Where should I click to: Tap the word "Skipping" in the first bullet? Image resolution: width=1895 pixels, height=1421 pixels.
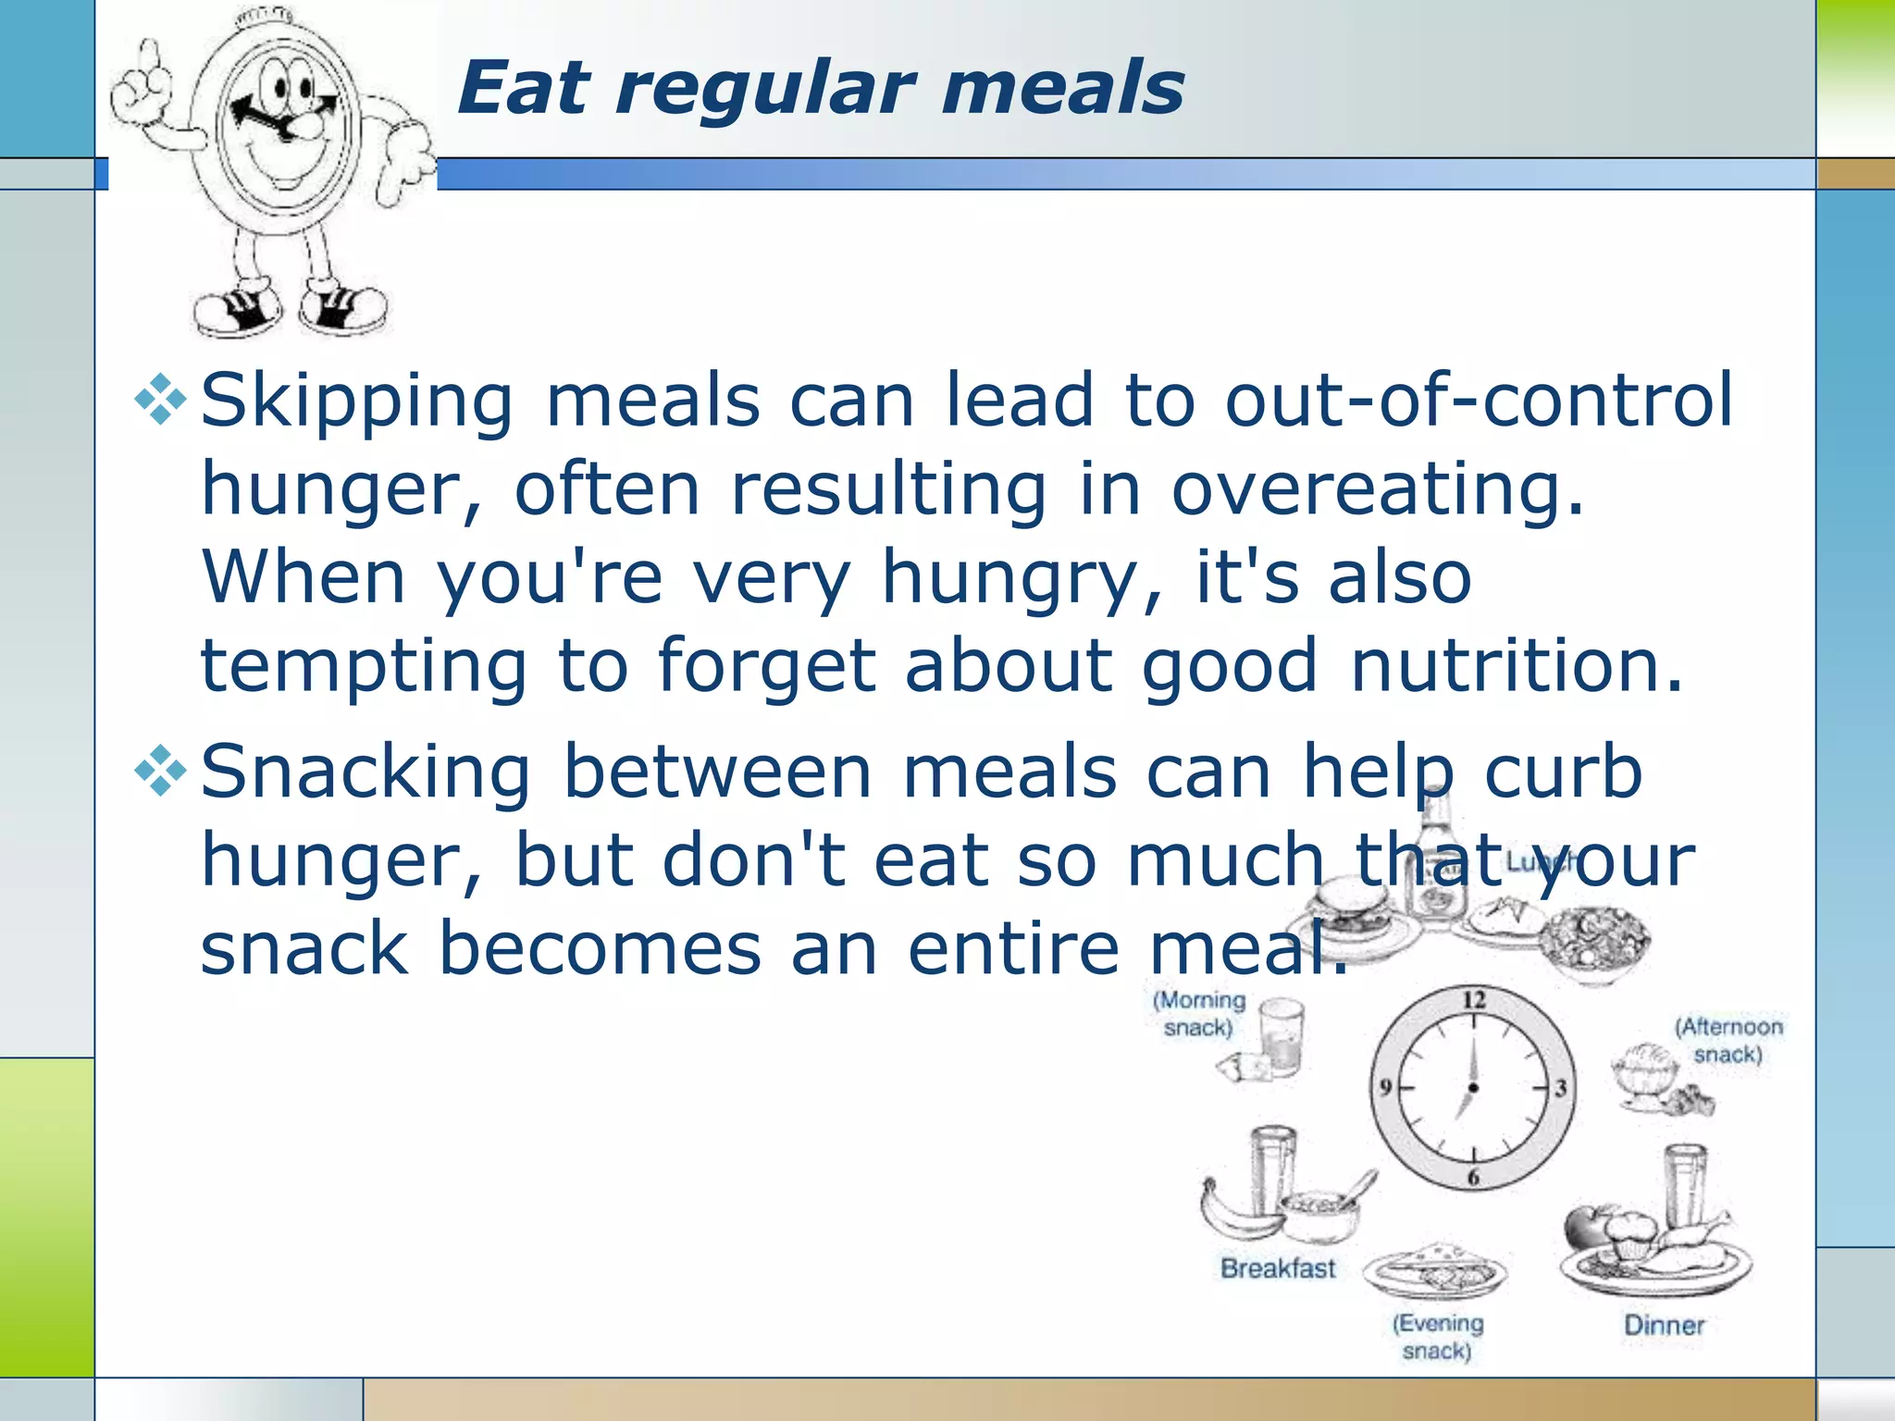tap(357, 402)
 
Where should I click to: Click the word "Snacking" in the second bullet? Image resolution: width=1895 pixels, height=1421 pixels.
tap(366, 772)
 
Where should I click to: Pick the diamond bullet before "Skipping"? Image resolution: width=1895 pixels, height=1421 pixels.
tap(161, 400)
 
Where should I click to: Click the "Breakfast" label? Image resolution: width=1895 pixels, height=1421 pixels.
tap(1278, 1268)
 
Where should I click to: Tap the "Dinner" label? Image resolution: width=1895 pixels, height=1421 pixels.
tap(1664, 1325)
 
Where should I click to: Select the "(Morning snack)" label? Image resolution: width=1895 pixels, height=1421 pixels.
tap(1199, 1014)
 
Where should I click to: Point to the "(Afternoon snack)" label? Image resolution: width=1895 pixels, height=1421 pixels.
tap(1728, 1041)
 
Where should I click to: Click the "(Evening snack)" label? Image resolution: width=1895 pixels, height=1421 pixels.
tap(1437, 1337)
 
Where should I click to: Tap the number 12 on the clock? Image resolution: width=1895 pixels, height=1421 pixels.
tap(1473, 1000)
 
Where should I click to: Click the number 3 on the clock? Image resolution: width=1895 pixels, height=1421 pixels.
tap(1560, 1088)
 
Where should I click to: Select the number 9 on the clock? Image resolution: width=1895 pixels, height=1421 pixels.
tap(1385, 1087)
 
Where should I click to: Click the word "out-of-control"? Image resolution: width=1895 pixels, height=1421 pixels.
tap(1478, 402)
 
